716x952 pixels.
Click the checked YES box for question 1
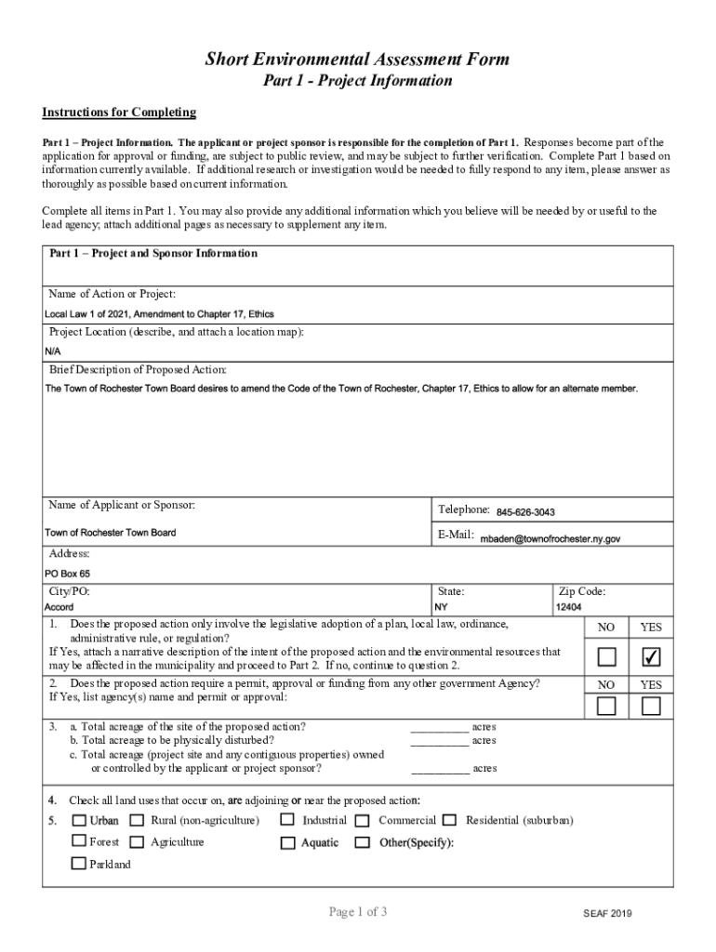point(651,658)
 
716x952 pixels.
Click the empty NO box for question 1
point(606,658)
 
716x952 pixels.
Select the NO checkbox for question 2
point(606,707)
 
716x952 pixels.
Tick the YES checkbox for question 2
point(651,707)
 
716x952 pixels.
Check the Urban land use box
point(79,820)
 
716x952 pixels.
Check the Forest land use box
point(79,842)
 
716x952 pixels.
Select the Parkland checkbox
point(79,864)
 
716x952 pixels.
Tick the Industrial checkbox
point(287,820)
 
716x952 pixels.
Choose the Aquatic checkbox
point(287,843)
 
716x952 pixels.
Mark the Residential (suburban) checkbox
point(450,820)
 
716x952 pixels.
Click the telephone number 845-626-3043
point(525,512)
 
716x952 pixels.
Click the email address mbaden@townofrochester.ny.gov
point(550,538)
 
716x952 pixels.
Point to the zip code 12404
point(568,607)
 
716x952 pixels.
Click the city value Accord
point(59,607)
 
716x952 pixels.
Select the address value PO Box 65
point(67,574)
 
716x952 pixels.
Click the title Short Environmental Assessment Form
point(357,59)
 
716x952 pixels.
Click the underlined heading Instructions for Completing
point(119,112)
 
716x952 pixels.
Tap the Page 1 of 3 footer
point(357,912)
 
